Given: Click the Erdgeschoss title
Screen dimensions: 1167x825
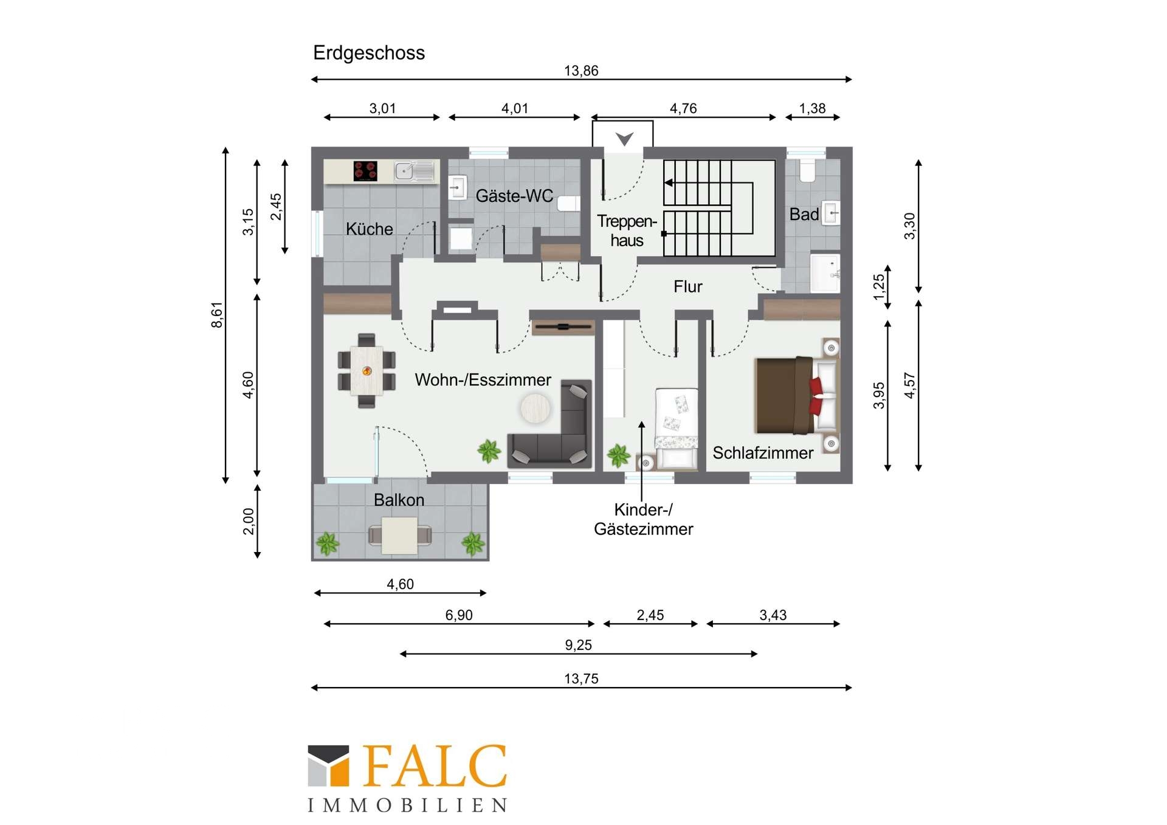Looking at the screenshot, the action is click(369, 54).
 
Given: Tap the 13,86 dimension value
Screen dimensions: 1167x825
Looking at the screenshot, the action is click(581, 71).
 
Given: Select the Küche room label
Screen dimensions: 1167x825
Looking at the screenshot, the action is click(369, 229).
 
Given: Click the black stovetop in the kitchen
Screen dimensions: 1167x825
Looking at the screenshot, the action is click(365, 171).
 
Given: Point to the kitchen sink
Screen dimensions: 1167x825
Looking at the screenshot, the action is click(415, 171).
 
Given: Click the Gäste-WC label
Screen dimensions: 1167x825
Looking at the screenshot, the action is click(514, 196).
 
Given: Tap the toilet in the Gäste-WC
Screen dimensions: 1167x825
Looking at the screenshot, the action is click(568, 204).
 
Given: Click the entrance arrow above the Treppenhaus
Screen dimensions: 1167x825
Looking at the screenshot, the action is click(624, 139).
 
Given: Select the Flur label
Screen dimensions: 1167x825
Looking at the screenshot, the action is click(687, 286).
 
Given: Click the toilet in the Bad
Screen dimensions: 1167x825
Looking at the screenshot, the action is click(807, 171).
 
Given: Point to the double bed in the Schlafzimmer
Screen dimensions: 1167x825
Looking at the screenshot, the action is click(796, 395).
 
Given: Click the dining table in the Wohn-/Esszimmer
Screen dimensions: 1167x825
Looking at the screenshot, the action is click(367, 371).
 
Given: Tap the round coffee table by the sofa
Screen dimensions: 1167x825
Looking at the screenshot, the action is click(535, 408).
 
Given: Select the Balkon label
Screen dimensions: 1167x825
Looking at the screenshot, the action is click(399, 500).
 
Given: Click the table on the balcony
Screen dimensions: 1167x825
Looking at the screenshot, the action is click(399, 536).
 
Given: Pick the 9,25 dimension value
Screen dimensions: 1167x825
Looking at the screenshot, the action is click(578, 645).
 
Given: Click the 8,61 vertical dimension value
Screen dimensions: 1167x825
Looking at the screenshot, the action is click(217, 315).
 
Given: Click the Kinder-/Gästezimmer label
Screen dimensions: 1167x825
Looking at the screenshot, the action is click(643, 519).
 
